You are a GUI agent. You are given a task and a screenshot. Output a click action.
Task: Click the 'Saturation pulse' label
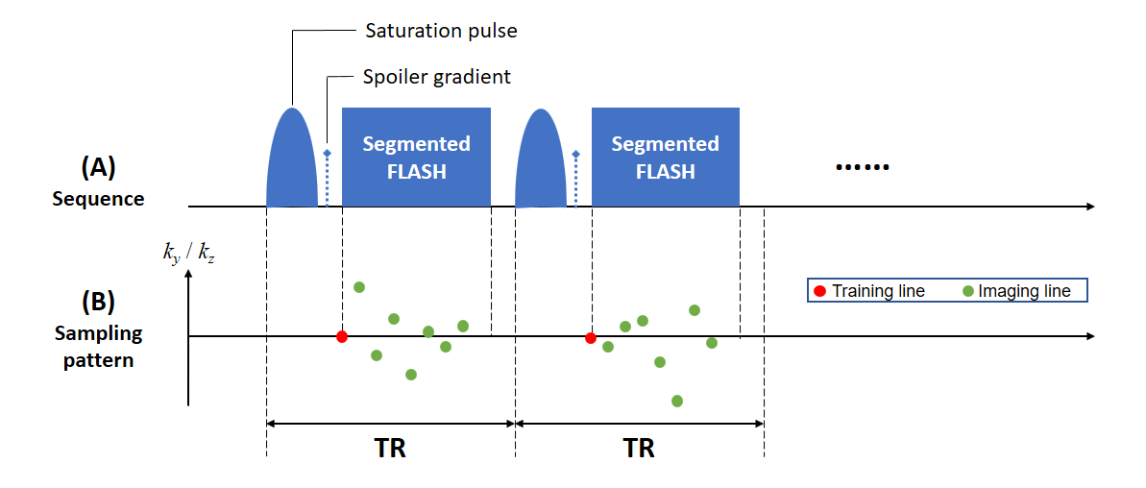441,31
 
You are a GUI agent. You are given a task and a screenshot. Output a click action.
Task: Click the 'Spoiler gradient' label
436,77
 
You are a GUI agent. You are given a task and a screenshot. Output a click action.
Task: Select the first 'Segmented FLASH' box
416,158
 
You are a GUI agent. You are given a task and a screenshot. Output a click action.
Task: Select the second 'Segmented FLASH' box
665,158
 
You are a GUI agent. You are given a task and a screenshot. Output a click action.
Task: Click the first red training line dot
341,336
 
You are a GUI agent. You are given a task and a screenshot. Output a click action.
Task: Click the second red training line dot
590,337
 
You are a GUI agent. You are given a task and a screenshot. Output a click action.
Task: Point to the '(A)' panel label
98,167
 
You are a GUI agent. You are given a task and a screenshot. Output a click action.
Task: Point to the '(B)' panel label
98,301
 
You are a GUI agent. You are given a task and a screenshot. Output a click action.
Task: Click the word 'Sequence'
98,199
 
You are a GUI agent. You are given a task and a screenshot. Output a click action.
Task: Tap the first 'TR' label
389,448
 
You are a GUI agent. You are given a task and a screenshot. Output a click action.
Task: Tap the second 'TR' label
639,448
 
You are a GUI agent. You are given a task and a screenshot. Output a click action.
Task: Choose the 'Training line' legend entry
869,290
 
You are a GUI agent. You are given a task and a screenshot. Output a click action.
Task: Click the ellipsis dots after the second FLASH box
863,168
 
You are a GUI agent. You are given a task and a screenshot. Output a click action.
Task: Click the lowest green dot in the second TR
676,401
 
